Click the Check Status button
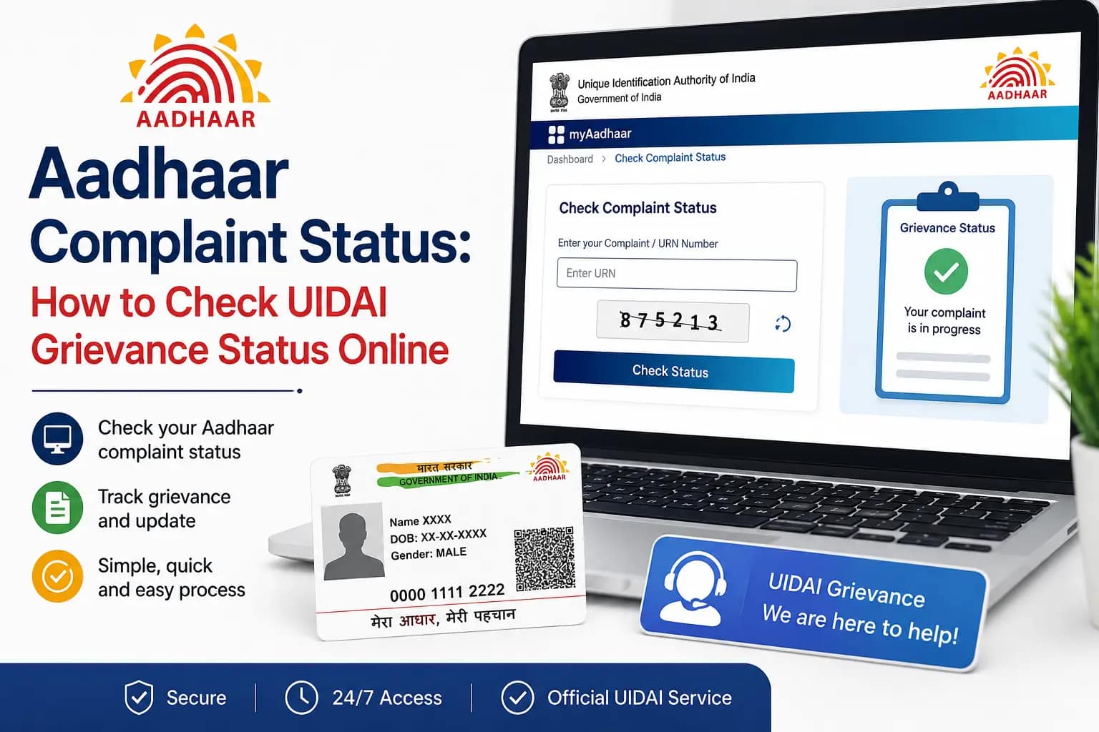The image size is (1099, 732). (x=673, y=371)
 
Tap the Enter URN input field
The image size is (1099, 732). (x=677, y=275)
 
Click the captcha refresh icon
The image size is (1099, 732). (x=783, y=324)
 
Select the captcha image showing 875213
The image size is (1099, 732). (x=673, y=322)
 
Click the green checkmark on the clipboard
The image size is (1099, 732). (x=946, y=271)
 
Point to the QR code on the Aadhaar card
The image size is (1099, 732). (x=544, y=559)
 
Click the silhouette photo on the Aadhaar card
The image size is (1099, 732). (x=353, y=541)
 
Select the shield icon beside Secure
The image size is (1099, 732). (x=139, y=697)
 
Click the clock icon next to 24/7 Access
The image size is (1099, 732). (x=301, y=697)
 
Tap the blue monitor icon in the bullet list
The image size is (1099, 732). (x=57, y=438)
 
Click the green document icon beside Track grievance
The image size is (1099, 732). (x=57, y=508)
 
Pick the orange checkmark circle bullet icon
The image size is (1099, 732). (x=57, y=576)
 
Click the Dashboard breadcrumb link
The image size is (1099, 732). (x=570, y=159)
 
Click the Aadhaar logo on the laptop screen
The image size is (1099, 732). (x=1017, y=74)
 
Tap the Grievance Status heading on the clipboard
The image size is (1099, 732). (x=947, y=228)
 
